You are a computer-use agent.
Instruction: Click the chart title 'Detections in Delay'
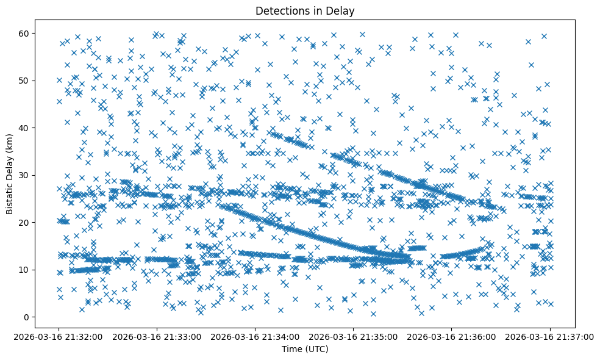click(x=305, y=10)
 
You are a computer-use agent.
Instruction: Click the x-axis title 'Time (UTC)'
click(x=305, y=349)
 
